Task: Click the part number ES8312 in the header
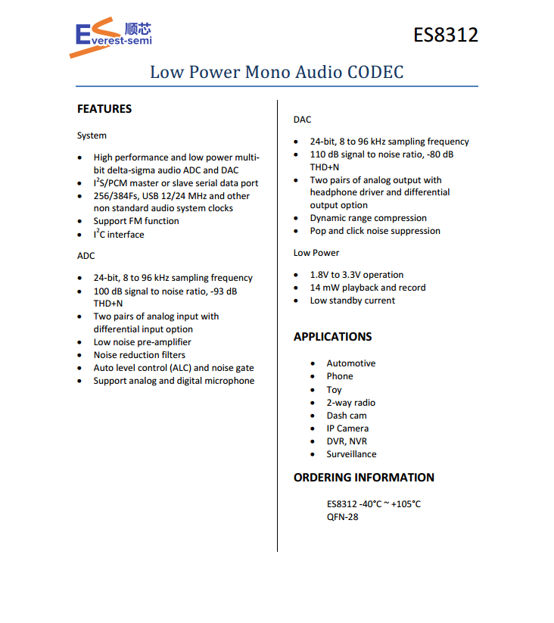pos(445,35)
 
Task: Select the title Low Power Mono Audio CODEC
pos(276,72)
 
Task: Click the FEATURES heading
pos(104,109)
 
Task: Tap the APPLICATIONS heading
pos(332,337)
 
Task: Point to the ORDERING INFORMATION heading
pos(363,478)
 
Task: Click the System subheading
pos(92,136)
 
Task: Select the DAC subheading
pos(302,120)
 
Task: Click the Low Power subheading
pos(316,253)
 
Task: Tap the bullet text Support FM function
pos(136,221)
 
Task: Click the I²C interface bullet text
pos(119,235)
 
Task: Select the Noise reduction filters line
pos(139,355)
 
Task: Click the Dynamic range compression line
pos(368,218)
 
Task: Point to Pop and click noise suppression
pos(375,231)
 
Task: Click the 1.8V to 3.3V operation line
pos(356,275)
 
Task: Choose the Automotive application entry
pos(350,363)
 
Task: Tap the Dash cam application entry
pos(347,416)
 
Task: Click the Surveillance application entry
pos(351,454)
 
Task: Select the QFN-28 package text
pos(342,517)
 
